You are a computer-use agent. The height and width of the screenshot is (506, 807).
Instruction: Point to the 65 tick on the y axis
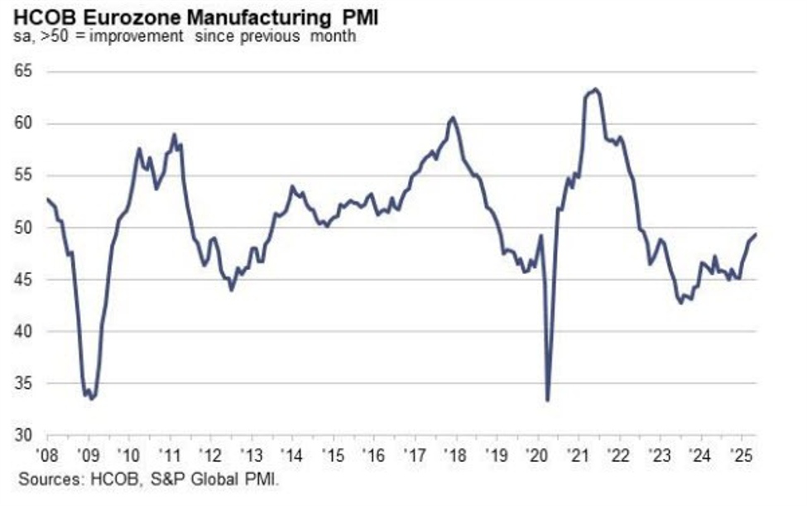tap(22, 72)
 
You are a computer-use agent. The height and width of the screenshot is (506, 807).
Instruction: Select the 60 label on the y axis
tap(22, 124)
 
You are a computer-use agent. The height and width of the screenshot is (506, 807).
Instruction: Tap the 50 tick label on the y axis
tap(22, 228)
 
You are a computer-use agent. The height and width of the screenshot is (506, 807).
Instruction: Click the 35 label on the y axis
tap(22, 383)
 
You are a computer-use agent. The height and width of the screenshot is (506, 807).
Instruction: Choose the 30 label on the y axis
tap(22, 435)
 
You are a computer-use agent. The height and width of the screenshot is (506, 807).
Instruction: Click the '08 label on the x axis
tap(46, 454)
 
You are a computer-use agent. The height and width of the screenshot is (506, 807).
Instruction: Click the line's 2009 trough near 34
tap(92, 398)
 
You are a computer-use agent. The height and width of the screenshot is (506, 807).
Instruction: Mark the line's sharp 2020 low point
tap(548, 401)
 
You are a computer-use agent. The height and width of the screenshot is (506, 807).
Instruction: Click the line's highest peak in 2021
tap(597, 89)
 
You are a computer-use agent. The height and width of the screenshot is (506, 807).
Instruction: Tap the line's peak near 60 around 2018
tap(452, 118)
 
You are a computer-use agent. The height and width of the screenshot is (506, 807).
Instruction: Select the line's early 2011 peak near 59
tap(174, 134)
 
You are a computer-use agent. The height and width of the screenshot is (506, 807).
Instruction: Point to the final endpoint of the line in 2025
tap(757, 234)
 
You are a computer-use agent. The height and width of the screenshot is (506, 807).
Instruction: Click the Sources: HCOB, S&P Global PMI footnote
tap(149, 479)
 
